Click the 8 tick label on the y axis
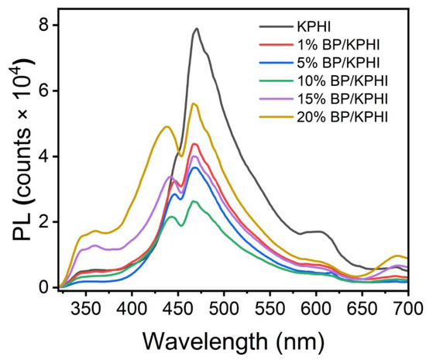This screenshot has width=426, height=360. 46,26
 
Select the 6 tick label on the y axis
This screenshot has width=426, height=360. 46,91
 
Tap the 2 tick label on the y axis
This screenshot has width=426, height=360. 46,222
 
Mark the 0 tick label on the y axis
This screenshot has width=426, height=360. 46,287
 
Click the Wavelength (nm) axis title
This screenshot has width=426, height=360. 235,339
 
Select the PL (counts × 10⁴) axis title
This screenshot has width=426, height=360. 17,155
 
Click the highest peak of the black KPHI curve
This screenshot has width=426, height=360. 197,29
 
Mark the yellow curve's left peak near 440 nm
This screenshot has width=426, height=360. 167,127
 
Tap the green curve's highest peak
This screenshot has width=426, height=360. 194,201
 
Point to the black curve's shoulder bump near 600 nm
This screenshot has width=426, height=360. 316,231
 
